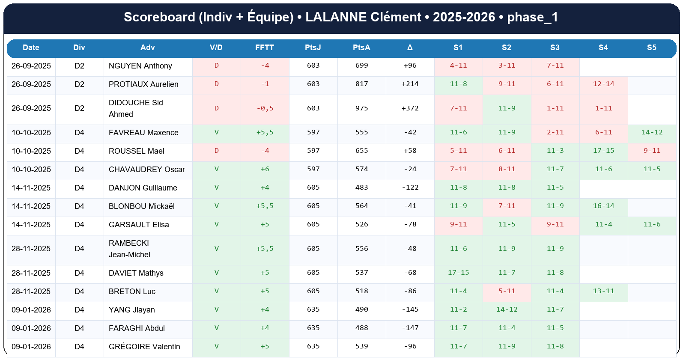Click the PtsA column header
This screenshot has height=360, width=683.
[361, 48]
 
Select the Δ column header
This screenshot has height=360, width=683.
[410, 48]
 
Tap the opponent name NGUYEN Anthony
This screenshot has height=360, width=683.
[140, 66]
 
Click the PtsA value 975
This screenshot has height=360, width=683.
[361, 108]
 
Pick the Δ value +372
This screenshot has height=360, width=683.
[410, 108]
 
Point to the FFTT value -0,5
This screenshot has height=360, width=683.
[265, 108]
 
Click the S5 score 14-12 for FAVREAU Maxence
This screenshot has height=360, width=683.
[652, 132]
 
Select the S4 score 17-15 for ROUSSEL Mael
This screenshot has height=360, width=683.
[603, 151]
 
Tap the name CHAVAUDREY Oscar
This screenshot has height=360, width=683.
[147, 170]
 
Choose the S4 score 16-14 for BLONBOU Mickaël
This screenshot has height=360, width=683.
[603, 206]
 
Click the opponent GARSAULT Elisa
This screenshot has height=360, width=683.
[139, 225]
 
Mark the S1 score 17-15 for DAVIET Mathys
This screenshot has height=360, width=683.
[458, 273]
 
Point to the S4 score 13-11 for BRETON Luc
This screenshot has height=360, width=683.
[603, 291]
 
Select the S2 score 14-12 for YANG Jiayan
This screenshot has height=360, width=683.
[507, 309]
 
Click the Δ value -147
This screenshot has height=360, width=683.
[410, 328]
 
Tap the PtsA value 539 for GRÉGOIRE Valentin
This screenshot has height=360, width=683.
[361, 346]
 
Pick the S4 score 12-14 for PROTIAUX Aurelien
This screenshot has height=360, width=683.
[603, 84]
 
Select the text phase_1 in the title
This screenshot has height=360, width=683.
[532, 17]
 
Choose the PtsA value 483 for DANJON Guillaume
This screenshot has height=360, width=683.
[361, 187]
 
